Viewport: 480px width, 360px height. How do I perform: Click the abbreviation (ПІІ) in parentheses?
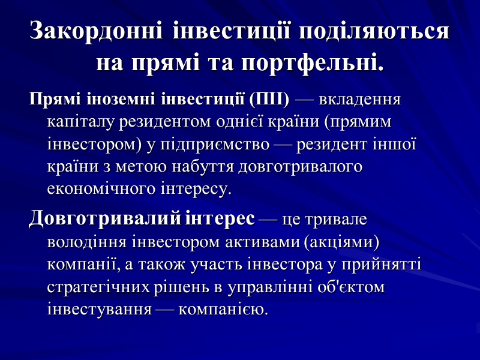269,99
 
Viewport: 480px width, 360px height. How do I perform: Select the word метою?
134,167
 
